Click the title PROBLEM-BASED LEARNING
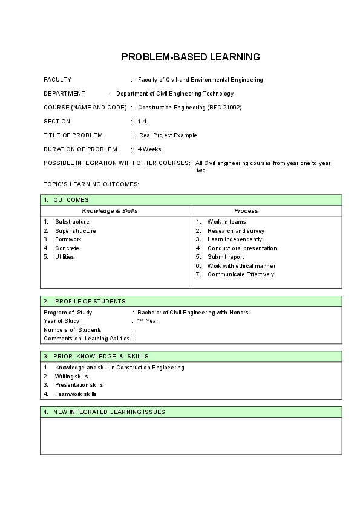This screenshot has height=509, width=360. [x=191, y=57]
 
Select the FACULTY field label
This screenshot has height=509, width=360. [x=57, y=80]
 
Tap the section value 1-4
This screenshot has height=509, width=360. [x=142, y=122]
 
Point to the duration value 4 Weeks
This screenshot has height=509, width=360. [x=149, y=149]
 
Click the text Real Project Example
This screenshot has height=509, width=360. [x=168, y=135]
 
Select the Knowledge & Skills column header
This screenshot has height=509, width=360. [x=110, y=211]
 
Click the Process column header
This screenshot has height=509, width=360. [x=246, y=211]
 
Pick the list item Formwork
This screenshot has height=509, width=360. [x=67, y=239]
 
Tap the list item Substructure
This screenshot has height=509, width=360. [x=72, y=222]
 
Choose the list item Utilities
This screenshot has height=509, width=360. [x=65, y=257]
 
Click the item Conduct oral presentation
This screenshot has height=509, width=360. [x=242, y=248]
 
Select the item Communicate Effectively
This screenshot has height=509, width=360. [x=241, y=274]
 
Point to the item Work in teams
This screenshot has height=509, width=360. [x=226, y=222]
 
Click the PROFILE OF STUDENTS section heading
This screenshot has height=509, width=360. [x=90, y=301]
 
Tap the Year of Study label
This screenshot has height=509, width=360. [x=62, y=321]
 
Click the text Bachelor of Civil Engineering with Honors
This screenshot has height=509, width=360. [x=193, y=313]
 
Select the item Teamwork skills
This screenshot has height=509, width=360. [x=76, y=394]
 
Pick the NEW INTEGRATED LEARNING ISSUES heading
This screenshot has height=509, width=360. [x=109, y=412]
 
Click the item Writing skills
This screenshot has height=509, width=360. [x=71, y=377]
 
